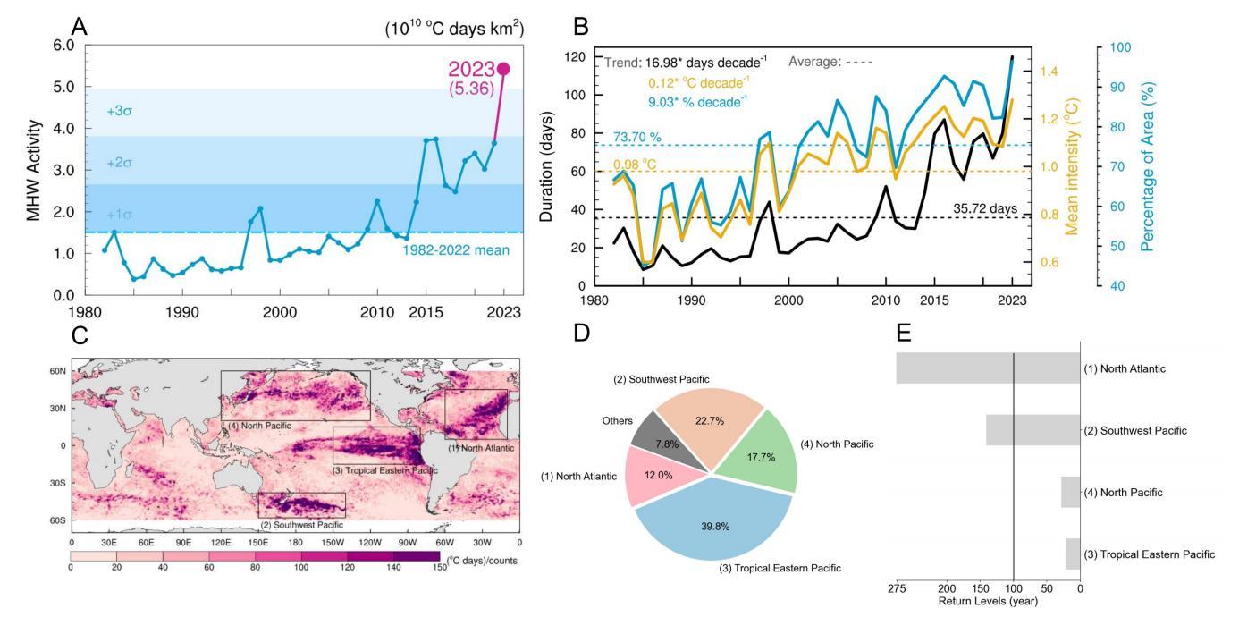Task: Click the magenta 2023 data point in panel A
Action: [x=503, y=69]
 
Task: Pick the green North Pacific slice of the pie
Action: [x=763, y=456]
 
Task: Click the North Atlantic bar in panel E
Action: [x=988, y=368]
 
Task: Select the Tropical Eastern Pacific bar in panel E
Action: [x=1072, y=554]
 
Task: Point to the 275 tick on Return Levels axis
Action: [x=897, y=588]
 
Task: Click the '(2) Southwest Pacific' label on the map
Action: [x=300, y=524]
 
